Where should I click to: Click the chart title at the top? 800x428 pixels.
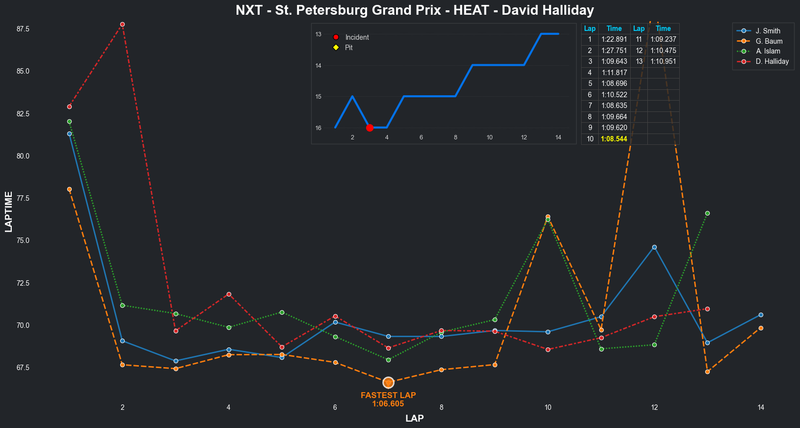pos(415,10)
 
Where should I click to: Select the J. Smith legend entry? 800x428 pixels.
pos(768,31)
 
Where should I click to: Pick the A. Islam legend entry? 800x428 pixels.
pos(768,51)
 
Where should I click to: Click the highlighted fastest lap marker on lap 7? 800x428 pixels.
pos(388,382)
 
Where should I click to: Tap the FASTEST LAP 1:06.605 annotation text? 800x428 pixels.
pos(388,400)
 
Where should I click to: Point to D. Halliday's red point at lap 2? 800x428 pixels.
pos(122,24)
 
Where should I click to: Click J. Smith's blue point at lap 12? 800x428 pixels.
pos(654,247)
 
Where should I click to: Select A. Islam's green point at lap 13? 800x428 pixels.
pos(707,213)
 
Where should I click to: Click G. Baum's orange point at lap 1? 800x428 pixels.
pos(69,189)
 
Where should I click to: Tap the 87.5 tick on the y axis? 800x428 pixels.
pos(23,29)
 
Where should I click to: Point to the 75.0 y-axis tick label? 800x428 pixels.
pos(23,241)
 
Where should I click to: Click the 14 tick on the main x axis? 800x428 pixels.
pos(761,407)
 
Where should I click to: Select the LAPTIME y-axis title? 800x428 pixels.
pos(8,212)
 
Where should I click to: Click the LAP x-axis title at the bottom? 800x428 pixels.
pos(415,418)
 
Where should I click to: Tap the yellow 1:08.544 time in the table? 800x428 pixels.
pos(614,139)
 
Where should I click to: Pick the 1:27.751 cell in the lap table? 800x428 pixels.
pos(614,51)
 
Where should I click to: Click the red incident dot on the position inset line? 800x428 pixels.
pos(370,128)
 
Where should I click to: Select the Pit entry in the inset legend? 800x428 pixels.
pos(348,48)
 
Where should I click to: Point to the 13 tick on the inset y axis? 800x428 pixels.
pos(319,34)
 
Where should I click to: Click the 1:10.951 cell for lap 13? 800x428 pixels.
pos(663,61)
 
